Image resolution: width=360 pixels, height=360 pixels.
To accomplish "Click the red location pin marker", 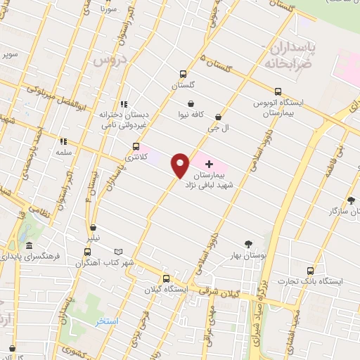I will (x=180, y=165).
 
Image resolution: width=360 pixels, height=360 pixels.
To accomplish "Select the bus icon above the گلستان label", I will (x=184, y=73).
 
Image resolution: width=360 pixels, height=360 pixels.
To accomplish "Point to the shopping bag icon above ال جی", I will (x=218, y=117).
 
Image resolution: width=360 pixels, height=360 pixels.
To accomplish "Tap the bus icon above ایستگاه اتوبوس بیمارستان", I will (x=278, y=91).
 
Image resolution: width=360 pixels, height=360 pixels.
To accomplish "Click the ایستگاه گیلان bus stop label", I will (x=167, y=290).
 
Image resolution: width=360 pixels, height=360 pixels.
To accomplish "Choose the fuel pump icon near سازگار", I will (x=330, y=210).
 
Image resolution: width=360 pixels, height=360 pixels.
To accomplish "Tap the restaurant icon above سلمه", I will (x=63, y=141).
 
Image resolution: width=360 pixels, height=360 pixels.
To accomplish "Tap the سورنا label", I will (x=108, y=10).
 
